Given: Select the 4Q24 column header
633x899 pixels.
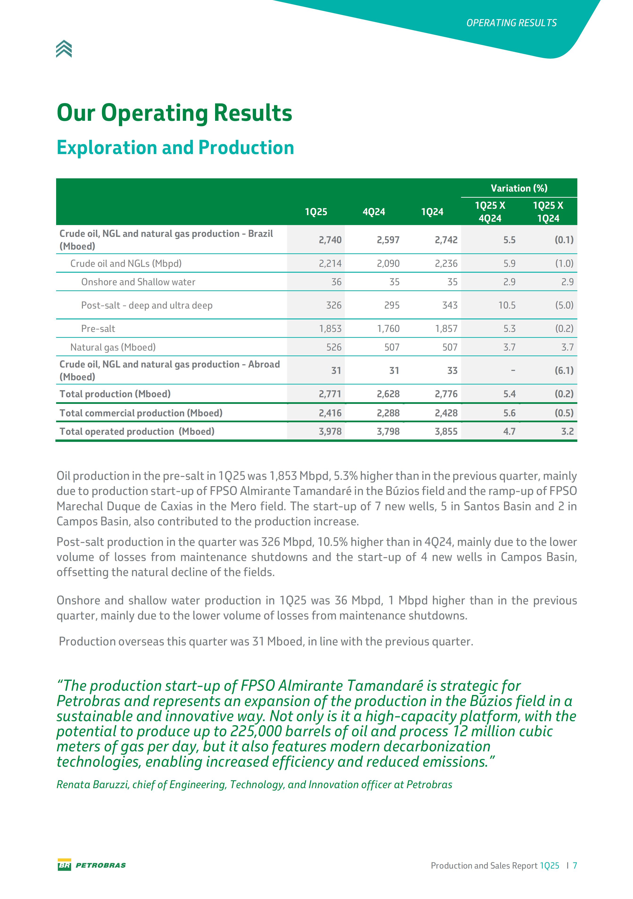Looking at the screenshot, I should tap(374, 212).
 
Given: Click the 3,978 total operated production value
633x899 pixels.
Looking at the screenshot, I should tap(330, 431).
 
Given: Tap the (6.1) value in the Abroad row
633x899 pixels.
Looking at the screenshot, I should tap(564, 370).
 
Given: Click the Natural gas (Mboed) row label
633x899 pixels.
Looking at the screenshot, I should tap(113, 347).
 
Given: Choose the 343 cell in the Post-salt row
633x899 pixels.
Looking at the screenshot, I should tap(450, 305).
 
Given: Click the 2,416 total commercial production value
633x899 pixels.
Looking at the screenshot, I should tap(330, 413).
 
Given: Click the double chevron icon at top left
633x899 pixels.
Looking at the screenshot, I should tap(64, 49).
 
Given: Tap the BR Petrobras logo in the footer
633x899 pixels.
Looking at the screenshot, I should tap(92, 865).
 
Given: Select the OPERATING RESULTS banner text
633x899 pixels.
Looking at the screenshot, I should tap(511, 23).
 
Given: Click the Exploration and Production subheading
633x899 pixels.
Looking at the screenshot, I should tap(175, 148).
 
